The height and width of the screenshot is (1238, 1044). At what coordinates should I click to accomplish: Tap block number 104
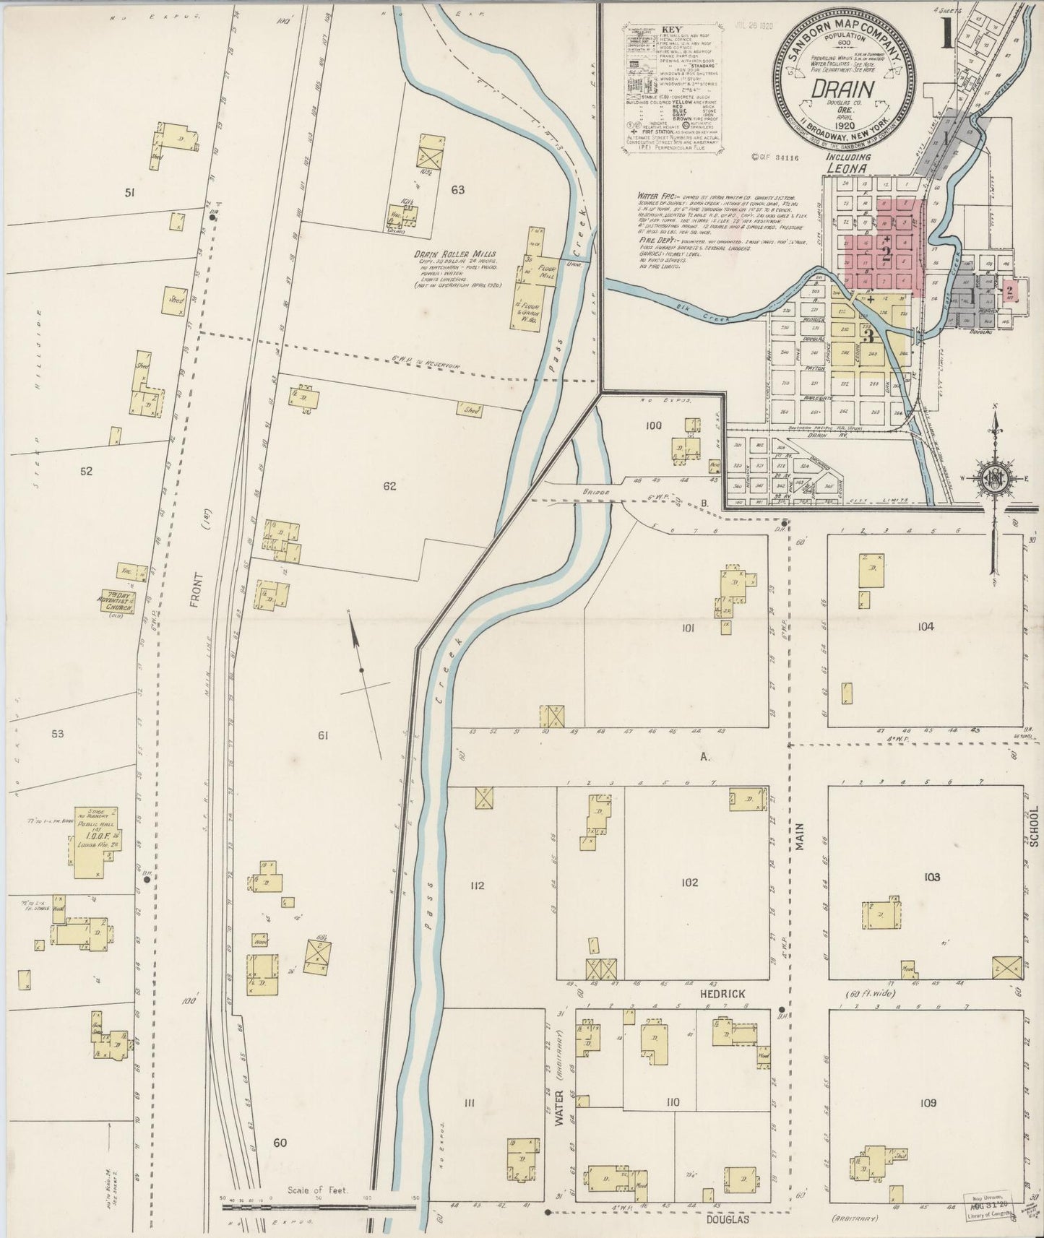(926, 626)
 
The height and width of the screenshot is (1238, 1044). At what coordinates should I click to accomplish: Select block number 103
(931, 877)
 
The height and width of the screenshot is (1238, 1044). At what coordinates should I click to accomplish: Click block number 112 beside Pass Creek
(476, 886)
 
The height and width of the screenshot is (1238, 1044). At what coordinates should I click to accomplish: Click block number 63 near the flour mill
(457, 190)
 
